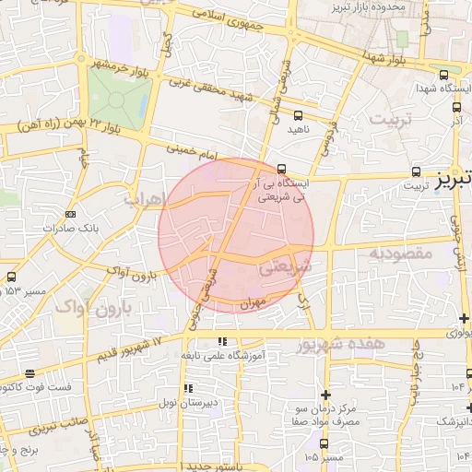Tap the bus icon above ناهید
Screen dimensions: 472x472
tap(297, 116)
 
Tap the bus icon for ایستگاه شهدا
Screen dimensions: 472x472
tap(444, 76)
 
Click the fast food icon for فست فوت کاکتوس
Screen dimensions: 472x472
tap(30, 374)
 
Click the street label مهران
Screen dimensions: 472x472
tap(255, 301)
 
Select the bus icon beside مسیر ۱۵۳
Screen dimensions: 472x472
tap(11, 277)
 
